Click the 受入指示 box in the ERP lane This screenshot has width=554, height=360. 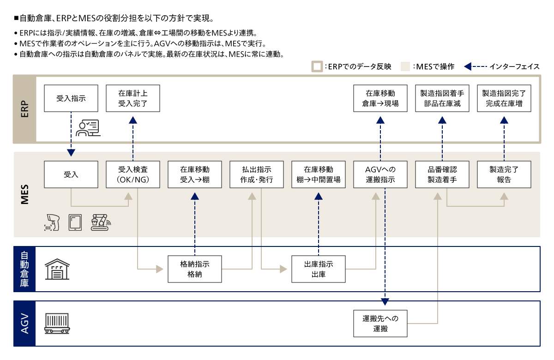[71, 98]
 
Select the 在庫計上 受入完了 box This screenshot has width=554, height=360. [133, 98]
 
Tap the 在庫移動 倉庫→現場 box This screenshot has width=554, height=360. [380, 98]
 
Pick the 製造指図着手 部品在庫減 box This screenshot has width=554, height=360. [442, 98]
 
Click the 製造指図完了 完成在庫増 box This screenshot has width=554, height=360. [504, 98]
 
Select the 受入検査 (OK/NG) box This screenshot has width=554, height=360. [133, 174]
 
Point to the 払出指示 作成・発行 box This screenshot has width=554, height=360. [257, 174]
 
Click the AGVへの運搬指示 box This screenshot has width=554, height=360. [380, 174]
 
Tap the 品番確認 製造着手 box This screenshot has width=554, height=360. [442, 174]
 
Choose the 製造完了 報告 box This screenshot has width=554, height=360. [504, 174]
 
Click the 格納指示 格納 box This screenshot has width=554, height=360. [195, 269]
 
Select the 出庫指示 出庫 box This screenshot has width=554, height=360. [319, 269]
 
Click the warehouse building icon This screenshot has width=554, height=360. [57, 269]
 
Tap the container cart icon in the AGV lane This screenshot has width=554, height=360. [57, 324]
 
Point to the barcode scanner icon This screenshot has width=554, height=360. [52, 222]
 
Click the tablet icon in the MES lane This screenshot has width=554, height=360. [75, 222]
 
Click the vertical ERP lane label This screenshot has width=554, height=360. [25, 109]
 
